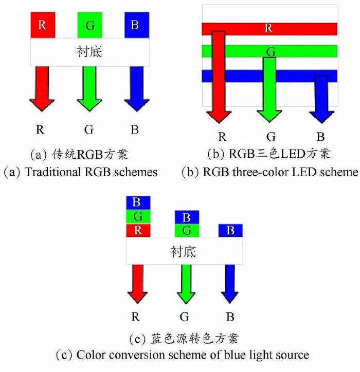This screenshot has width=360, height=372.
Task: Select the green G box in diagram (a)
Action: click(89, 25)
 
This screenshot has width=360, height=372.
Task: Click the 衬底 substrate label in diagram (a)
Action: click(89, 51)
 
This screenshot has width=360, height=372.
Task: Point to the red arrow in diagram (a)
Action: click(42, 87)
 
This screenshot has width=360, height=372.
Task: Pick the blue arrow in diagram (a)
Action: click(136, 87)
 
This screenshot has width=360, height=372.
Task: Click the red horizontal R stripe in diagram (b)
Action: click(288, 29)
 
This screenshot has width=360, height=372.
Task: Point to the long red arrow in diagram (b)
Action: click(219, 77)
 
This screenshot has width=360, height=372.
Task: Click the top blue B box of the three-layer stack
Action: click(137, 202)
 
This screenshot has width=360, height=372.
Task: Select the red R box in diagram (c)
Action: click(137, 230)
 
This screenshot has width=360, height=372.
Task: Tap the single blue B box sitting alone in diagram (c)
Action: click(230, 230)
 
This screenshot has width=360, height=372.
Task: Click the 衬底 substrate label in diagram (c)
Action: click(184, 251)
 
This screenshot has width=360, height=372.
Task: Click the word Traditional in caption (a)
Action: click(51, 172)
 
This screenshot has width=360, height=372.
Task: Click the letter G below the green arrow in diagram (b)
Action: click(271, 137)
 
